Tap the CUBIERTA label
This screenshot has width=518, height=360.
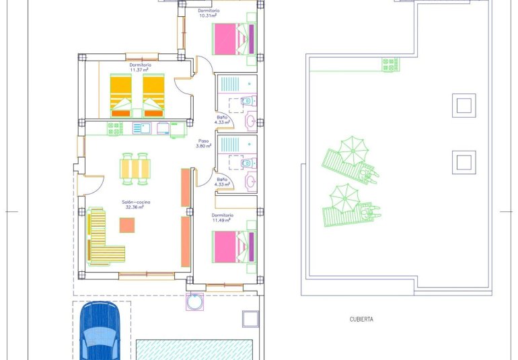[x=361, y=320]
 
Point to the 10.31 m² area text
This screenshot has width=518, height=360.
[x=209, y=16]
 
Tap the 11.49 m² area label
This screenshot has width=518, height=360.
[x=221, y=220]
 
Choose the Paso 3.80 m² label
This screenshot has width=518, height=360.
[x=203, y=144]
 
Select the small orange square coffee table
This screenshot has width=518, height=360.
[x=126, y=225]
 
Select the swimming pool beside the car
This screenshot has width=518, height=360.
[x=194, y=349]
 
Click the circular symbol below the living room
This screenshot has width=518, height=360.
[x=195, y=302]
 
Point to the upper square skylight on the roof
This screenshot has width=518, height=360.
[x=464, y=105]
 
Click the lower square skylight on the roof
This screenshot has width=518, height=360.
[x=464, y=162]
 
